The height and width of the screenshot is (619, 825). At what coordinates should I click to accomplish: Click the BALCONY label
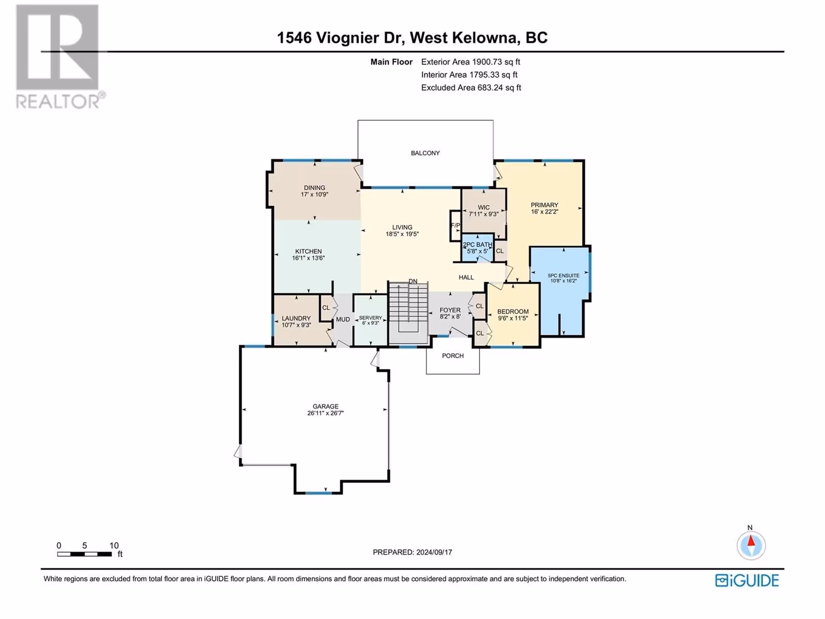[x=425, y=153]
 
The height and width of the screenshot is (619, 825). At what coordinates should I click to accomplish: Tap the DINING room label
[x=315, y=188]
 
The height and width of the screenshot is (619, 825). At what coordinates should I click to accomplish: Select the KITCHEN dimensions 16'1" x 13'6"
[x=308, y=258]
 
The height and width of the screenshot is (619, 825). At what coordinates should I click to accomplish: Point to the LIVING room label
[x=402, y=227]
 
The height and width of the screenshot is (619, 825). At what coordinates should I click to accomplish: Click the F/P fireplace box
[x=455, y=225]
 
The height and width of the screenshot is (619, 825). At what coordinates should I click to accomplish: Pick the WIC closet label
[x=484, y=207]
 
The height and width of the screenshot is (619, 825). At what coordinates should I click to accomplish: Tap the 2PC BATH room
[x=477, y=248]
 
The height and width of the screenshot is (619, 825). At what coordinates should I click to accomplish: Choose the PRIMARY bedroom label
[x=544, y=205]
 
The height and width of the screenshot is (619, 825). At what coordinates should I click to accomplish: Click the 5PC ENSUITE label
[x=564, y=275]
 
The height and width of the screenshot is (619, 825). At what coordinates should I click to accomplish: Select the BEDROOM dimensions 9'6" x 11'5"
[x=513, y=318]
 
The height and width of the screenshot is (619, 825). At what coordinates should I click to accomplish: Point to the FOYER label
[x=450, y=310]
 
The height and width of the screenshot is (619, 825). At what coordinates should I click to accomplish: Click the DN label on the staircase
[x=412, y=281]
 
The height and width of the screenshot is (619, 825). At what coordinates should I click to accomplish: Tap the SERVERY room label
[x=370, y=318]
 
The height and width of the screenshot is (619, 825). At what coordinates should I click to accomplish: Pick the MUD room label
[x=343, y=319]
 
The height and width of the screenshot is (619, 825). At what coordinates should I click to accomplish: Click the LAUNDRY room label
[x=296, y=318]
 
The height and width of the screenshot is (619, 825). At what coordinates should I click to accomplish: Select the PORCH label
[x=453, y=355]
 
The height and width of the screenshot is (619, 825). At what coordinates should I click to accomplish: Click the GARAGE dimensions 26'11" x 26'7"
[x=325, y=413]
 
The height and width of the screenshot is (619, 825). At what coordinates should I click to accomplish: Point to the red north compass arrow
[x=751, y=541]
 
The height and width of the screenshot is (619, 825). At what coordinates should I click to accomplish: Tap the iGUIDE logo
[x=747, y=581]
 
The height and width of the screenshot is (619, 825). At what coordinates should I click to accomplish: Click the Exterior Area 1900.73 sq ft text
[x=471, y=61]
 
